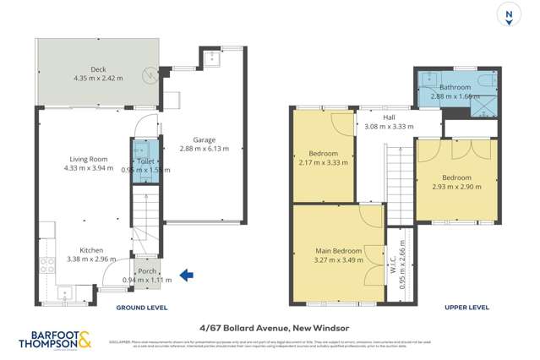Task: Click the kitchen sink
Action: (66, 295)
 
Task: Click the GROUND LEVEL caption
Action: (141, 308)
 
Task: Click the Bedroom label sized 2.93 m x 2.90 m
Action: (456, 177)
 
